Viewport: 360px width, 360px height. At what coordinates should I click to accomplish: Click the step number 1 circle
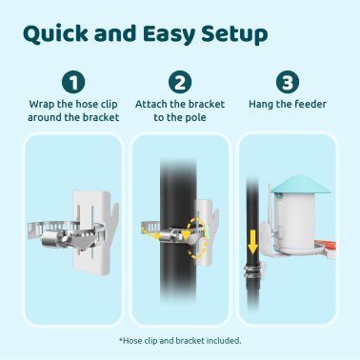73,82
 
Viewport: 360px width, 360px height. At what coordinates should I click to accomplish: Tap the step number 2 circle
180,82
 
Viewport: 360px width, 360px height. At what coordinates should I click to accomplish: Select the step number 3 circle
287,82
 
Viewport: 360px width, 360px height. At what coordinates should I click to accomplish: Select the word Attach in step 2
153,103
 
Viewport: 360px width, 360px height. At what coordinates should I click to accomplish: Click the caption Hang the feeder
287,103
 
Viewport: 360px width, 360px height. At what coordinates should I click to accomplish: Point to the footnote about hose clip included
180,340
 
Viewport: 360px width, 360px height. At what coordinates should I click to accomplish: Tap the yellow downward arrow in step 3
252,239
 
